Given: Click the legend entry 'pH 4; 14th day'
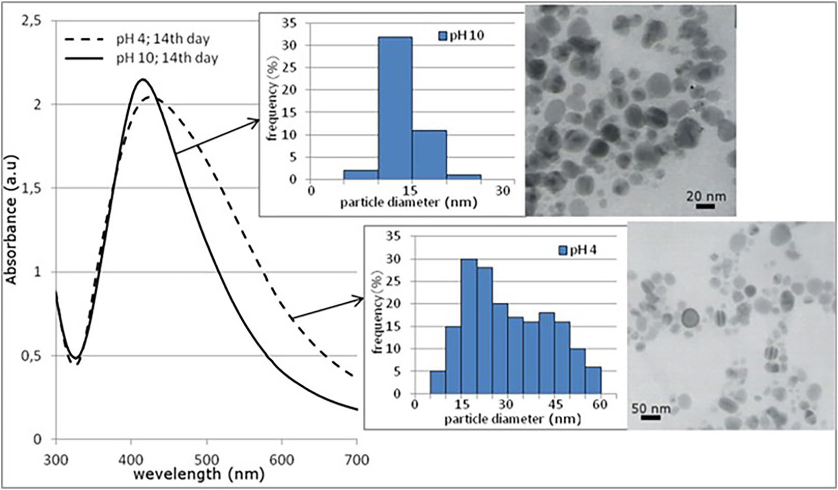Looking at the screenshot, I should (160, 39).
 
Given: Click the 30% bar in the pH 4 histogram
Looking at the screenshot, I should (469, 326).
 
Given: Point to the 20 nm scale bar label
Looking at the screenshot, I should (706, 196).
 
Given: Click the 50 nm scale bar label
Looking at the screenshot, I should (651, 408).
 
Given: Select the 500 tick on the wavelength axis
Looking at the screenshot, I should (206, 460).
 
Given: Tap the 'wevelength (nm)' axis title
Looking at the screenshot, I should (199, 475).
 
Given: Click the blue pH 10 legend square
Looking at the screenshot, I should (443, 36).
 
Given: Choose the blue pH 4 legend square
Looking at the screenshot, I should (563, 250).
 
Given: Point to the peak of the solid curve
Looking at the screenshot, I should (143, 79).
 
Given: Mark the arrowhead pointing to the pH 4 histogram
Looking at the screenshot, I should (360, 300).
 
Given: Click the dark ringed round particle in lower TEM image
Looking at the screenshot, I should (690, 319).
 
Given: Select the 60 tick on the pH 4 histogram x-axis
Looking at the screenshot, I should (600, 405).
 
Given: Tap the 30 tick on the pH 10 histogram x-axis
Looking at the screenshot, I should (503, 191).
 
